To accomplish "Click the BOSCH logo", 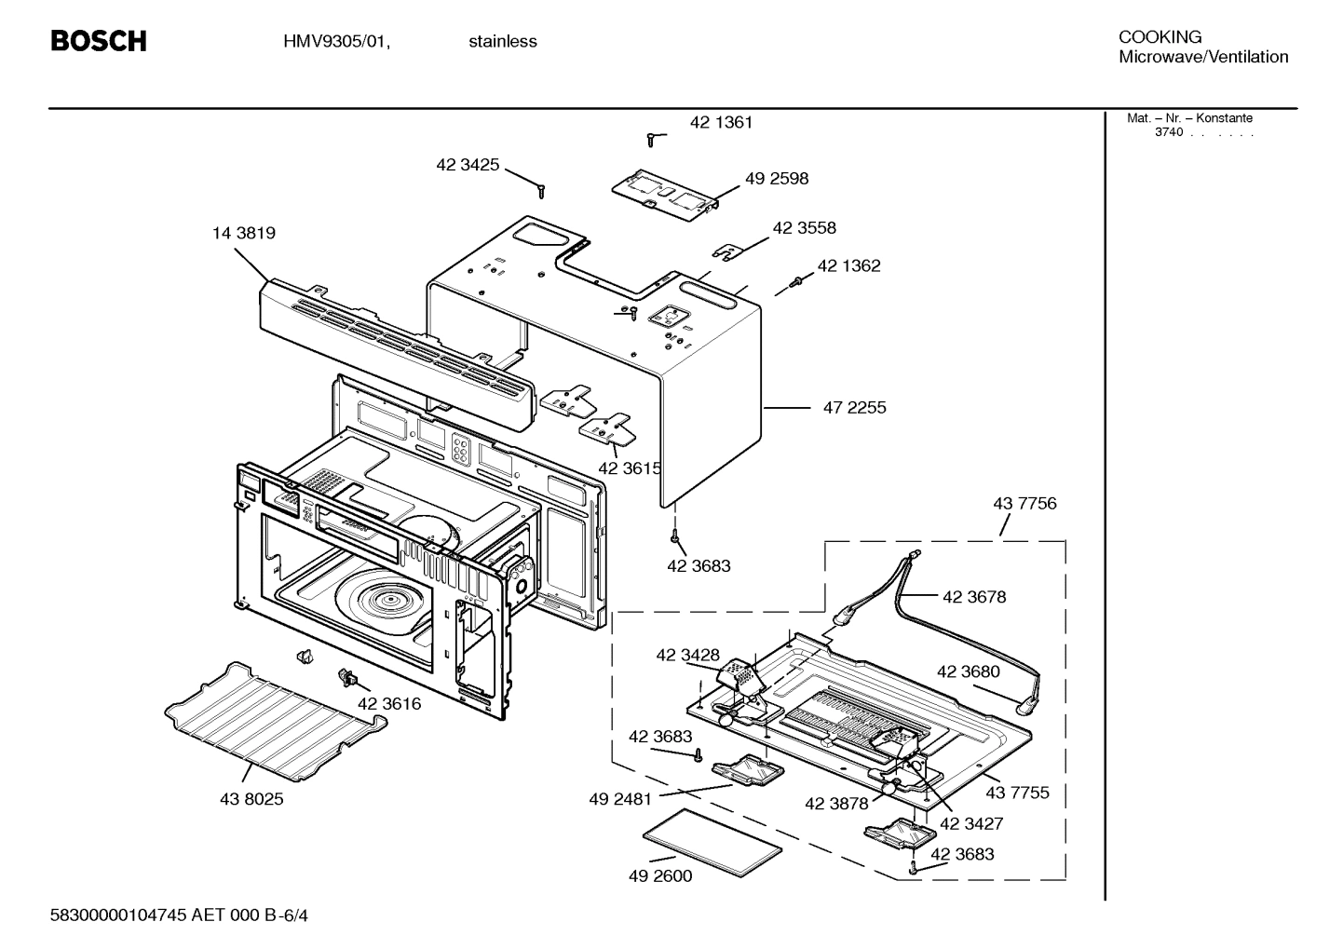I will click(x=98, y=41).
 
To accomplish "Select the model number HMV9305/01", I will click(x=336, y=42).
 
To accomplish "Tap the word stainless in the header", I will click(x=502, y=42).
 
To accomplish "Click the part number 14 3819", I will click(x=244, y=234).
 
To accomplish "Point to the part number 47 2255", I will click(x=854, y=408).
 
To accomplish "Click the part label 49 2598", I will click(x=777, y=179).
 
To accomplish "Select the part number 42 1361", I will click(x=721, y=123).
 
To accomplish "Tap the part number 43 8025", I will click(x=251, y=799).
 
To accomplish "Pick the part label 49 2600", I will click(x=660, y=876).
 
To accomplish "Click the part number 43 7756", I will click(x=1024, y=504).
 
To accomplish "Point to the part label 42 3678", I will click(x=974, y=598).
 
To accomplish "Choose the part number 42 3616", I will click(x=389, y=704).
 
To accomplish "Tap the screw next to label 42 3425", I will click(x=541, y=190).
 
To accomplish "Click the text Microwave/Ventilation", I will click(x=1203, y=57).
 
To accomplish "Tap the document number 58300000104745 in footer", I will click(x=118, y=915).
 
